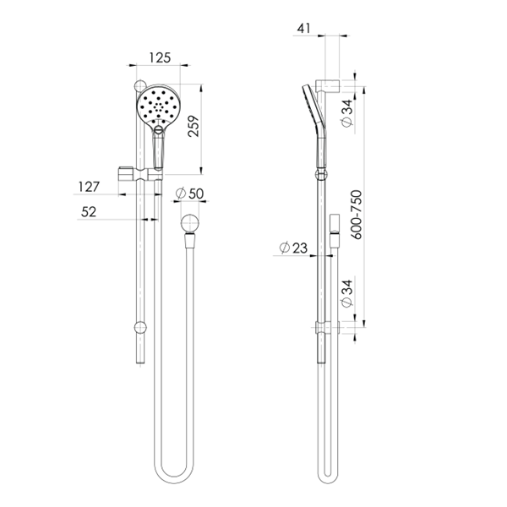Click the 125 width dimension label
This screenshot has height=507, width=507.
[x=160, y=57]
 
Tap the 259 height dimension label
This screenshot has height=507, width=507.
[x=194, y=126]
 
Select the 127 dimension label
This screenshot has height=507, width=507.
[x=89, y=187]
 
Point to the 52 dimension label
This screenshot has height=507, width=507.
[x=89, y=212]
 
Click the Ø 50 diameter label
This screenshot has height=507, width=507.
[x=189, y=194]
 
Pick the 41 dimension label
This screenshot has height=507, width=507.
[x=303, y=29]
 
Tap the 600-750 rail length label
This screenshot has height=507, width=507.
[x=356, y=215]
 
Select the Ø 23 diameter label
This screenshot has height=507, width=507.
[x=293, y=248]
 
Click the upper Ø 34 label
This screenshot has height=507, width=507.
[x=346, y=113]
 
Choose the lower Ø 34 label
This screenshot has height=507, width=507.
[x=346, y=293]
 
